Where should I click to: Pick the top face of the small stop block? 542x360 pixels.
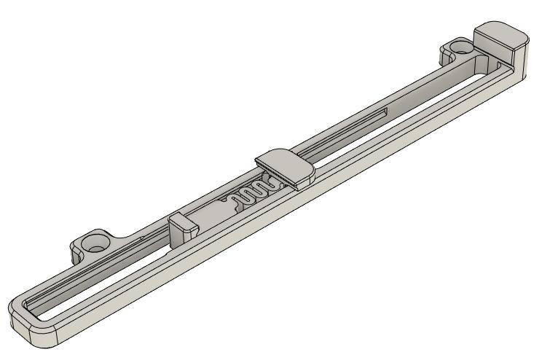[x=181, y=219]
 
